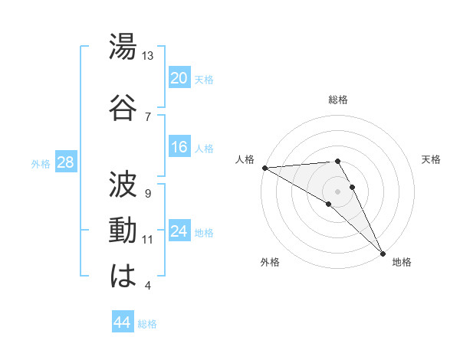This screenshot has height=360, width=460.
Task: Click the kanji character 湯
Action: point(123,49)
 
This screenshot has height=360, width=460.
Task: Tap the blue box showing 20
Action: point(179,78)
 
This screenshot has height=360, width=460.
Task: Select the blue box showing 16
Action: point(179,147)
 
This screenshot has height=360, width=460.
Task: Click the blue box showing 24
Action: point(179,232)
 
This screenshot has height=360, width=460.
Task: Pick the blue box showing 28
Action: point(65,163)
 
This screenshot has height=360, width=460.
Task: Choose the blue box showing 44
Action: point(122,322)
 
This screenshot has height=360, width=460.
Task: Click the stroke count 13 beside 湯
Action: point(148,57)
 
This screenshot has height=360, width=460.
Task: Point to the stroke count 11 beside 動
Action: point(148,240)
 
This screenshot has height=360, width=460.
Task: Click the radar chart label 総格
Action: point(338,100)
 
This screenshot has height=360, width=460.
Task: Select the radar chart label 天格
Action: point(431,159)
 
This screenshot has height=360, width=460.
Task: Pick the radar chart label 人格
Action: point(245,159)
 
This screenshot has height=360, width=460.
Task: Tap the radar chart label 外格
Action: point(270,262)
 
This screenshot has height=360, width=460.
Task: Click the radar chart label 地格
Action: point(402,262)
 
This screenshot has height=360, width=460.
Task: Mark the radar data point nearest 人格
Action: point(264,168)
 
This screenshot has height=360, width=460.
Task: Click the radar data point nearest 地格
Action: point(382,252)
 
